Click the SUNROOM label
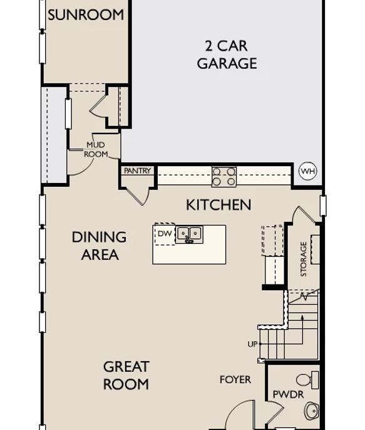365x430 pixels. pos(86,15)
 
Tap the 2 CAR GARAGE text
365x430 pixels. pos(227,55)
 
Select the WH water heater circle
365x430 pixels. pos(308,171)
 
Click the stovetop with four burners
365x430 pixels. pos(224,177)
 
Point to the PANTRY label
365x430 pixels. pos(137,171)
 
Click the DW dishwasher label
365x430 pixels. pos(165,234)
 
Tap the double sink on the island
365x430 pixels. pos(190,234)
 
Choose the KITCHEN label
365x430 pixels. pos(218,205)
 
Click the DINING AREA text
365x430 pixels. pos(99,246)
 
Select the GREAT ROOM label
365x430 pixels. pos(126,375)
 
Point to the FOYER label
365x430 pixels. pos(235,380)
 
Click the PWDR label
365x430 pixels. pos(288,394)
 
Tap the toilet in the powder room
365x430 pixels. pos(307,380)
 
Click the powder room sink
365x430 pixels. pos(312,411)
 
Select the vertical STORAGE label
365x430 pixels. pos(304,259)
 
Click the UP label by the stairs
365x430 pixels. pos(252,344)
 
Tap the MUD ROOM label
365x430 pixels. pos(96,149)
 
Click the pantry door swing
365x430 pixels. pos(138,196)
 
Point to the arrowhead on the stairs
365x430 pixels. pos(302,317)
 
